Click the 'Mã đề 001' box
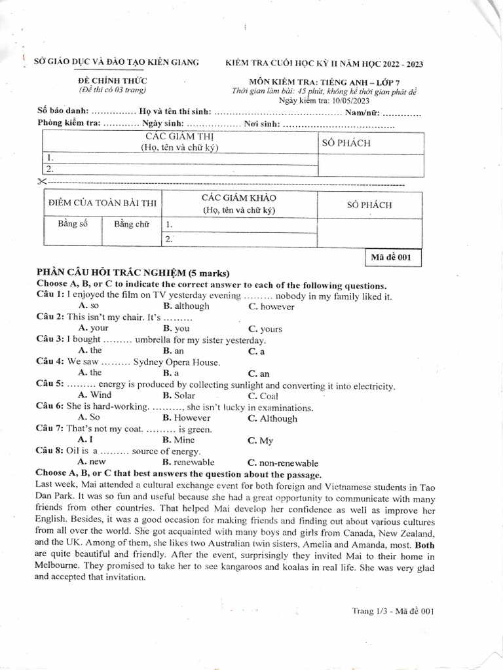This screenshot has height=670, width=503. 392,258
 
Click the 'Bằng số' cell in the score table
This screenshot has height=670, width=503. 73,224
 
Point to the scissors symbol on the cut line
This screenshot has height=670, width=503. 43,181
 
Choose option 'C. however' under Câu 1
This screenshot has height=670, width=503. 271,307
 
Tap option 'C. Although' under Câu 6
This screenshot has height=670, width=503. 272,419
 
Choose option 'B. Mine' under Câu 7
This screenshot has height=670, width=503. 179,440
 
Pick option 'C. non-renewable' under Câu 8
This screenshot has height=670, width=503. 282,463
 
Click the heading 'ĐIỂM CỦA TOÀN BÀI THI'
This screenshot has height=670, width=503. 102,203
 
